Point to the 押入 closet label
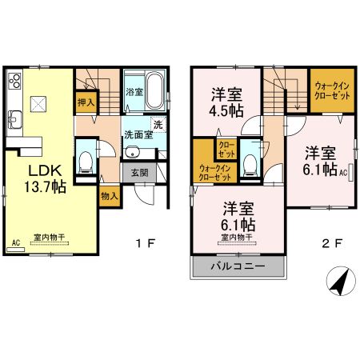coord(86,102)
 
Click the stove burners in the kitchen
coord(14,82)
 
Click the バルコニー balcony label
coord(237,266)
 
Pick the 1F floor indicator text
coord(142,240)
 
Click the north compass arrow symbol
coord(338,281)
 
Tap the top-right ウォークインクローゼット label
coord(330,90)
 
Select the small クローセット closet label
coord(226,148)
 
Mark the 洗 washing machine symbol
coord(158,123)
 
